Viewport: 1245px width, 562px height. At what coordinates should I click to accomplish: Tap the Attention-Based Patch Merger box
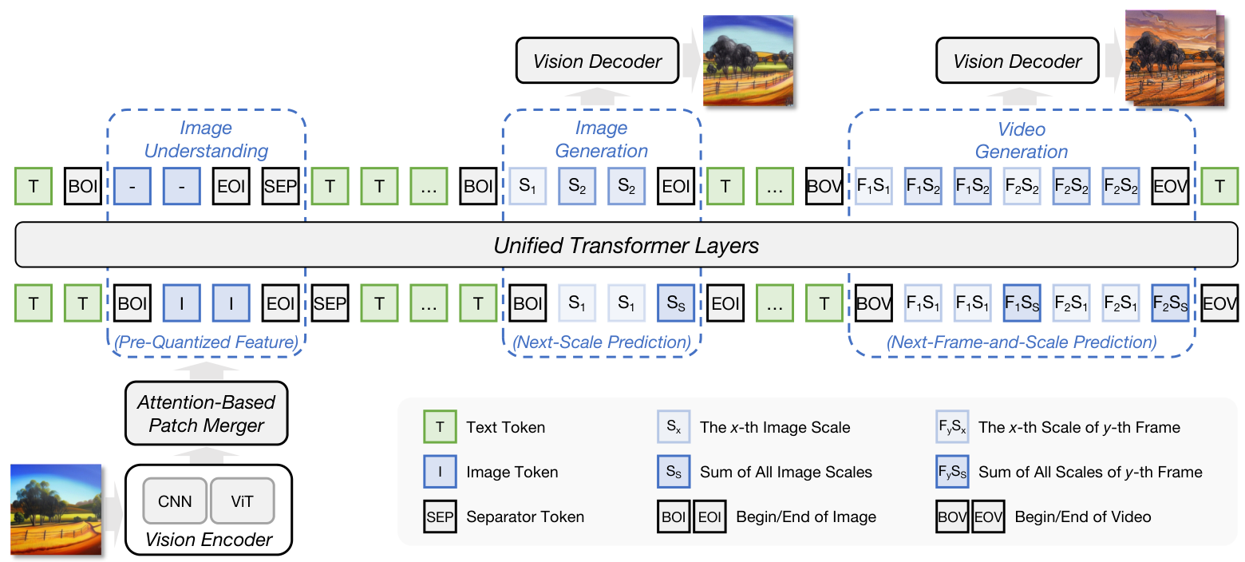click(x=206, y=413)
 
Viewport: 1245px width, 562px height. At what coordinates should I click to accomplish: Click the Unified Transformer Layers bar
click(x=626, y=245)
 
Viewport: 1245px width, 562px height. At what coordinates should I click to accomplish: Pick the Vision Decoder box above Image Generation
click(x=597, y=61)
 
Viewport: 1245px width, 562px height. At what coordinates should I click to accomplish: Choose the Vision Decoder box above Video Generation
click(x=1017, y=61)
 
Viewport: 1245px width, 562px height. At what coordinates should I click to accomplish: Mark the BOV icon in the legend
click(x=953, y=516)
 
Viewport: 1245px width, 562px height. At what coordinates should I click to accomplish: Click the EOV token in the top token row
click(x=1170, y=188)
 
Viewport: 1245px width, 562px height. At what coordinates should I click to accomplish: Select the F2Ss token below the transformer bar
click(x=1170, y=303)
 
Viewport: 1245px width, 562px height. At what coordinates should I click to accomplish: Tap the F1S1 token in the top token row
click(x=874, y=188)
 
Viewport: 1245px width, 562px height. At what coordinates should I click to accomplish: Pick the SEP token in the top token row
click(x=281, y=188)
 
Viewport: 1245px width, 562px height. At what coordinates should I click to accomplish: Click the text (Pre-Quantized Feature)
click(x=206, y=342)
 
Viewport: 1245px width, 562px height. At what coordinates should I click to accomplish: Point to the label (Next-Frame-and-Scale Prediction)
click(x=1021, y=342)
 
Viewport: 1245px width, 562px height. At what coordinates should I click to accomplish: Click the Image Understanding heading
click(x=206, y=140)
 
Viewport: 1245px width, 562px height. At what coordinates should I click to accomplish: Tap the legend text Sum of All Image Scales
click(x=785, y=472)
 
